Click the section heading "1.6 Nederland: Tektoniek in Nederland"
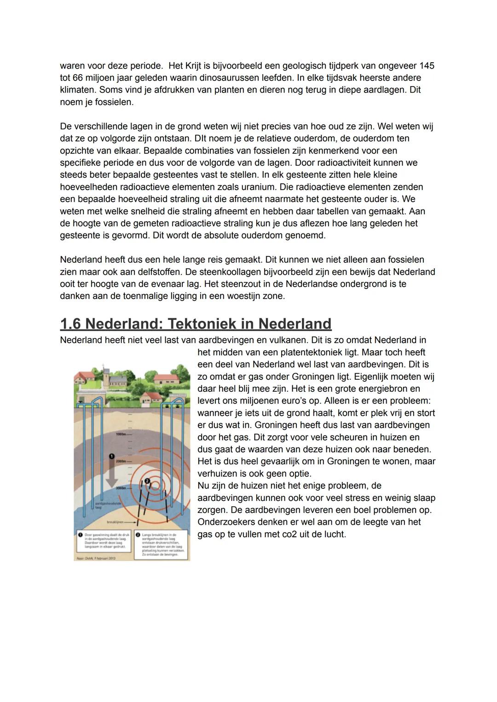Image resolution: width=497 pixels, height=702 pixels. pyautogui.click(x=196, y=324)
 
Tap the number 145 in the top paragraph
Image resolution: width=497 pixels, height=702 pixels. pyautogui.click(x=426, y=66)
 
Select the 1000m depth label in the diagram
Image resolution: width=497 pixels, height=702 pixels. pyautogui.click(x=121, y=434)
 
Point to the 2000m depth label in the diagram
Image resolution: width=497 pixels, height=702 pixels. pyautogui.click(x=121, y=460)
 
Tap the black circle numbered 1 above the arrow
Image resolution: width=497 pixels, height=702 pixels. pyautogui.click(x=111, y=455)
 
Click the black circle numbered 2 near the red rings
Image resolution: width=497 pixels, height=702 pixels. pyautogui.click(x=147, y=481)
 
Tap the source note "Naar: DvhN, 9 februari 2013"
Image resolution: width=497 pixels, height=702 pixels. pyautogui.click(x=96, y=558)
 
